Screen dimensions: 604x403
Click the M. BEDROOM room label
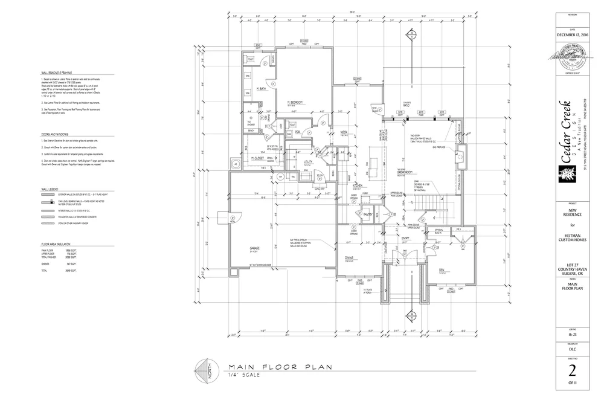pyautogui.click(x=295, y=103)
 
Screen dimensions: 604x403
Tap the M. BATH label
pyautogui.click(x=262, y=89)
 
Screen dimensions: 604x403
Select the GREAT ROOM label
pyautogui.click(x=404, y=172)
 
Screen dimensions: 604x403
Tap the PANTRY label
pyautogui.click(x=367, y=213)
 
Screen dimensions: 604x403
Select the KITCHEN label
pyautogui.click(x=357, y=185)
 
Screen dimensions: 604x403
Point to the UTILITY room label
pyautogui.click(x=308, y=163)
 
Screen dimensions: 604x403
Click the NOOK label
pyautogui.click(x=344, y=132)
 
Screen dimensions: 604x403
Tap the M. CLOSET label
pyautogui.click(x=259, y=158)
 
